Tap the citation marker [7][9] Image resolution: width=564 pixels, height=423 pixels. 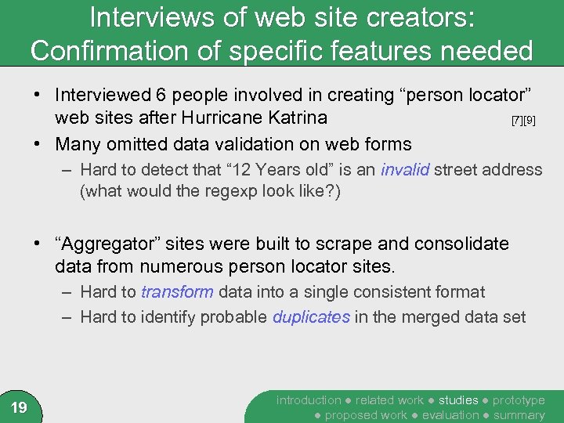pos(523,121)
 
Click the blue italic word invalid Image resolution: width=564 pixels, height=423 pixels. pos(405,169)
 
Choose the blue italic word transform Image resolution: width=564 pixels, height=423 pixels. pos(177,292)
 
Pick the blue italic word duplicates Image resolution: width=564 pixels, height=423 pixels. pos(311,317)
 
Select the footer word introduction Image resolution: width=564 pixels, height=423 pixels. pos(309,400)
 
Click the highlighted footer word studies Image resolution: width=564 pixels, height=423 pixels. pos(458,400)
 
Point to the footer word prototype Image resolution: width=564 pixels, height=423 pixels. pos(519,400)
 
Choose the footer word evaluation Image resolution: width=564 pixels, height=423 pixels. pos(450,415)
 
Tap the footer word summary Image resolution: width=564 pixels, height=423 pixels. pos(519,415)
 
